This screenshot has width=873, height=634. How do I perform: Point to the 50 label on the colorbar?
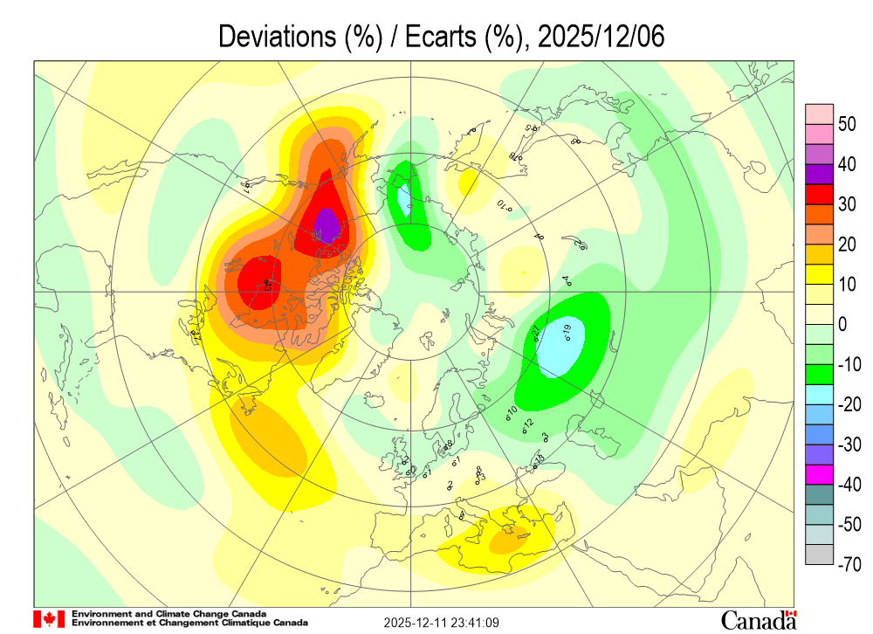point(846,124)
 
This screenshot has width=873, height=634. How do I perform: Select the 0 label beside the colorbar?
point(842,325)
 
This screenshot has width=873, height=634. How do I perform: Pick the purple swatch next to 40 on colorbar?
point(819,174)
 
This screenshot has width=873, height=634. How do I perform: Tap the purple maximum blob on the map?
point(327,225)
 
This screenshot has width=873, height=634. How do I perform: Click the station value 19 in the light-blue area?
point(566,330)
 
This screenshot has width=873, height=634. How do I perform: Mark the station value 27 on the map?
point(537,331)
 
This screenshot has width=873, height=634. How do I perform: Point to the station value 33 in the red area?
point(266,284)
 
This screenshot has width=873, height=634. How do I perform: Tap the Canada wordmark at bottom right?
point(758,620)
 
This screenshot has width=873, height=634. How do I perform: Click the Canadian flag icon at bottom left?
point(49,618)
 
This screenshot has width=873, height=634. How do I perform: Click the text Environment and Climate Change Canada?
point(169,614)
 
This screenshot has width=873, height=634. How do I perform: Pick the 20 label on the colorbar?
point(846,245)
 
